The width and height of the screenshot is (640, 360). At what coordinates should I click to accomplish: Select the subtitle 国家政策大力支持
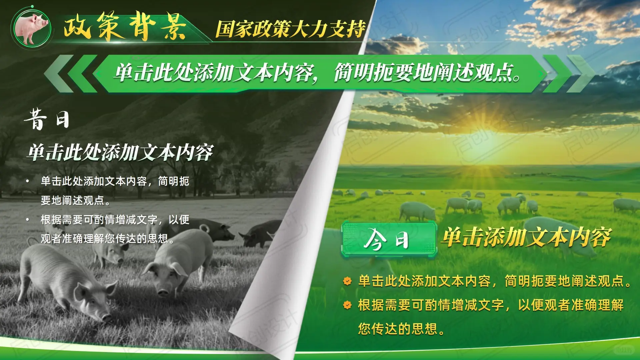(290, 29)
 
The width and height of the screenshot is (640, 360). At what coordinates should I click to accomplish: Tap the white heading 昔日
(47, 119)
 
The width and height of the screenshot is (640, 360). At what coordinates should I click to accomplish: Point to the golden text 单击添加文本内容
(526, 237)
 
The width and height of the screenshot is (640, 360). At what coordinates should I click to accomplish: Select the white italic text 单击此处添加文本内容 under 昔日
(120, 153)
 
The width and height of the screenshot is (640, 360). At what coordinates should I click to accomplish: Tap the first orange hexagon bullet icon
(347, 281)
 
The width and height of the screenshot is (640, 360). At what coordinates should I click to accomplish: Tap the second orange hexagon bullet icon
(347, 305)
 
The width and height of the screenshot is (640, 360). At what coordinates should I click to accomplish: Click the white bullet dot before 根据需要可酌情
(28, 220)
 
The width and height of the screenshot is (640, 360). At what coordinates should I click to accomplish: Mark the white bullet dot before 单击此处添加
(28, 181)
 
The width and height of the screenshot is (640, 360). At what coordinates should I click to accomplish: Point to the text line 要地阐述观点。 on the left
(75, 200)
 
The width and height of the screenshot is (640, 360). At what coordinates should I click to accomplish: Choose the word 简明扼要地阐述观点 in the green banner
(427, 73)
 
